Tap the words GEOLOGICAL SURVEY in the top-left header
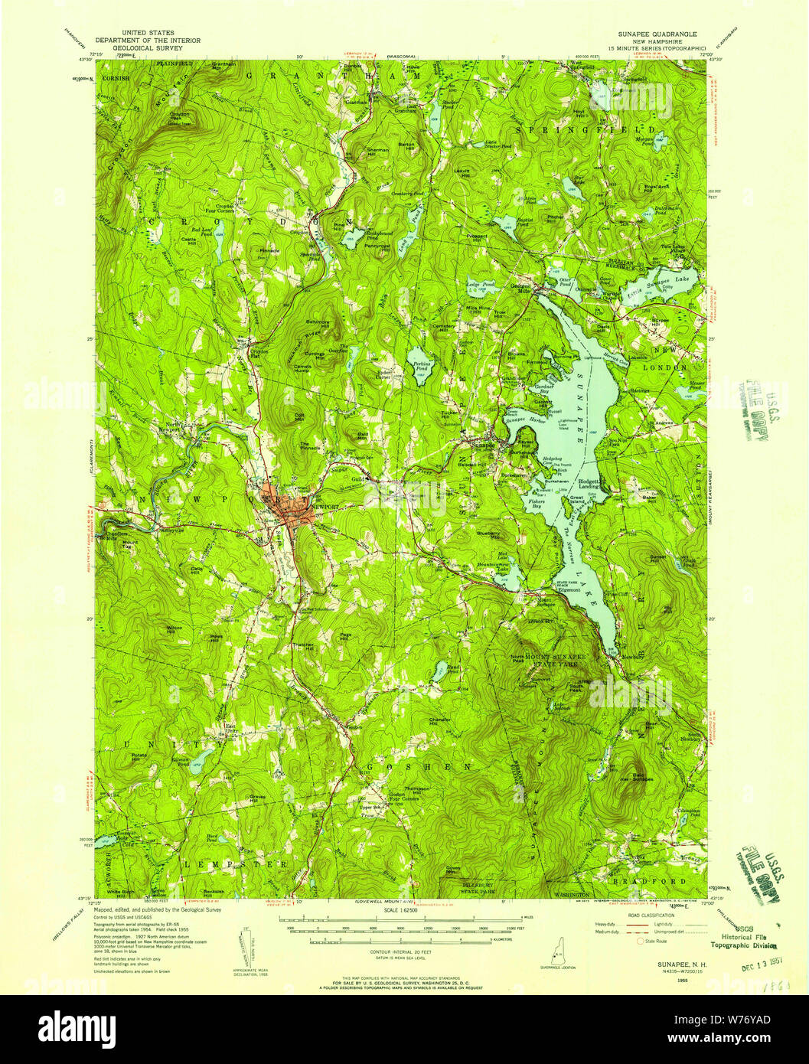coord(147,47)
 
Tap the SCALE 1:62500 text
coord(405,910)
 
